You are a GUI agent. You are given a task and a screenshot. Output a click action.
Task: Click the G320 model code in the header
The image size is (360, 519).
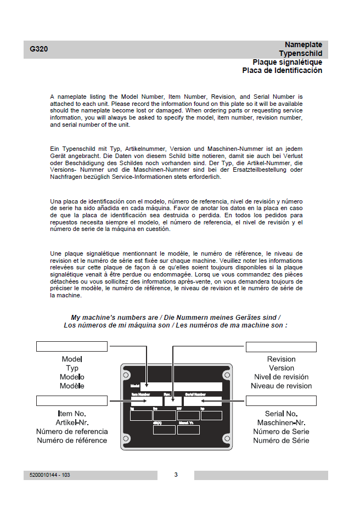click(x=39, y=49)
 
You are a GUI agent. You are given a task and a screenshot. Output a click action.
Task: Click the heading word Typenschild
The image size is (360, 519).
click(x=300, y=53)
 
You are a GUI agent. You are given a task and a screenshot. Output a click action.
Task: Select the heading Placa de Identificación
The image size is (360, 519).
click(x=282, y=70)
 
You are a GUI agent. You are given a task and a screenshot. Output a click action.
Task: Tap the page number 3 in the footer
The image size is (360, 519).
click(x=176, y=475)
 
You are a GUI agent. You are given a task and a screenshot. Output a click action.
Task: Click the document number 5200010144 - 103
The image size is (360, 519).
click(x=50, y=475)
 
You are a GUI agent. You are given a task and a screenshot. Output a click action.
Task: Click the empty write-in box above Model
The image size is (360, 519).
click(x=71, y=346)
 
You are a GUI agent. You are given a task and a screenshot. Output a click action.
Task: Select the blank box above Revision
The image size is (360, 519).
click(x=281, y=347)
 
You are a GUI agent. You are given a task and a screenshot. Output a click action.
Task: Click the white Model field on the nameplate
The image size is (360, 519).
click(x=181, y=387)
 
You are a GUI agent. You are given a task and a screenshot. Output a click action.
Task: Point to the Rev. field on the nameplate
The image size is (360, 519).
click(x=172, y=401)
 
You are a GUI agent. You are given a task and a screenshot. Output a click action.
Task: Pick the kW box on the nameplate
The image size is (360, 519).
click(x=188, y=415)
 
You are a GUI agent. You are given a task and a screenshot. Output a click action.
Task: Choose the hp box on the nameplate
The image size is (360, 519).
click(x=211, y=415)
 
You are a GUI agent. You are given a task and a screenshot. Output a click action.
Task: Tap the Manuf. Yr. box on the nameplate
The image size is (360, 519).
click(x=188, y=430)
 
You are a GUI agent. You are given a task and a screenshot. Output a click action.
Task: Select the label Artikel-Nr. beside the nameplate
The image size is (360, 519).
click(x=71, y=422)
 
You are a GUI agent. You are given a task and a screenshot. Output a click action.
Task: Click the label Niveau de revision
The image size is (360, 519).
click(x=281, y=386)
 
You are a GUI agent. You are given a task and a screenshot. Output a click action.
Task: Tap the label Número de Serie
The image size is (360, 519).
click(x=281, y=431)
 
